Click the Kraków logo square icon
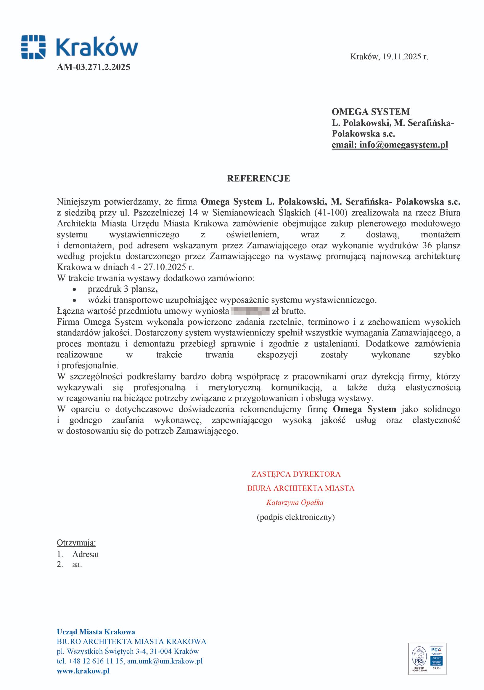pos(33,47)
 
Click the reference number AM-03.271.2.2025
pos(94,67)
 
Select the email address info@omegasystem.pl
pos(403,145)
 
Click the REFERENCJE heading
pos(258,178)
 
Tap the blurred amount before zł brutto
pos(250,311)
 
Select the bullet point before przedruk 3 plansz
pos(74,289)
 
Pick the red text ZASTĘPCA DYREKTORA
pos(296,474)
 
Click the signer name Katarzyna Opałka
pos(295,502)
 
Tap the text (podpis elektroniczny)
pos(295,517)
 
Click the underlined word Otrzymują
pos(76,543)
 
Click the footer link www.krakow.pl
pos(83,671)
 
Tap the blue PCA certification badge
pos(436,657)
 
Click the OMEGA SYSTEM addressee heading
pos(371,112)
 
